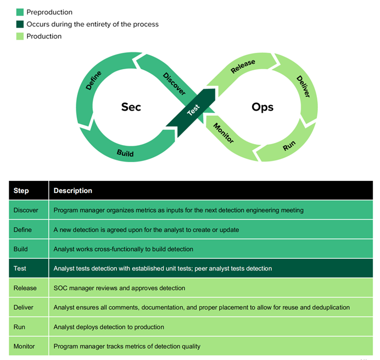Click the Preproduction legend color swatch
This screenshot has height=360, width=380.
pyautogui.click(x=20, y=12)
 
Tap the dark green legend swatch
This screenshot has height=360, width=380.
pyautogui.click(x=20, y=24)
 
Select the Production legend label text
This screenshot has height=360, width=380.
pyautogui.click(x=44, y=36)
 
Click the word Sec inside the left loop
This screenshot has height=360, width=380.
pyautogui.click(x=131, y=107)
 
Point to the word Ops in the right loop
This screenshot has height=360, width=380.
pyautogui.click(x=262, y=107)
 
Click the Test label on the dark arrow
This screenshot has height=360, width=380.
pyautogui.click(x=193, y=110)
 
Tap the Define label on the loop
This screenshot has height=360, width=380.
pyautogui.click(x=93, y=81)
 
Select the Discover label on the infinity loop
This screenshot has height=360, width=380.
pyautogui.click(x=174, y=84)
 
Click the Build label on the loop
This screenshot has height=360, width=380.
pyautogui.click(x=125, y=153)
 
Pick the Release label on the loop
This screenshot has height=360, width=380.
pyautogui.click(x=243, y=66)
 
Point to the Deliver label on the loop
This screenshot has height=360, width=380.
pyautogui.click(x=303, y=87)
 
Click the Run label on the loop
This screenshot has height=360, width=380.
pyautogui.click(x=289, y=146)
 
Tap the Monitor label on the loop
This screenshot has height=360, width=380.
pyautogui.click(x=223, y=133)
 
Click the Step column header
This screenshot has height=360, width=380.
pyautogui.click(x=21, y=191)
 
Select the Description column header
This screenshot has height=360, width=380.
pyautogui.click(x=72, y=191)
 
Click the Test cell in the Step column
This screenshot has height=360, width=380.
pyautogui.click(x=20, y=269)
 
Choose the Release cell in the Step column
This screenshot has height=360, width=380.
pyautogui.click(x=25, y=288)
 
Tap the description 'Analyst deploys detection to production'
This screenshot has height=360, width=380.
pyautogui.click(x=109, y=327)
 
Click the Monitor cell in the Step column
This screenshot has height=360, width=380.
pyautogui.click(x=24, y=346)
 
